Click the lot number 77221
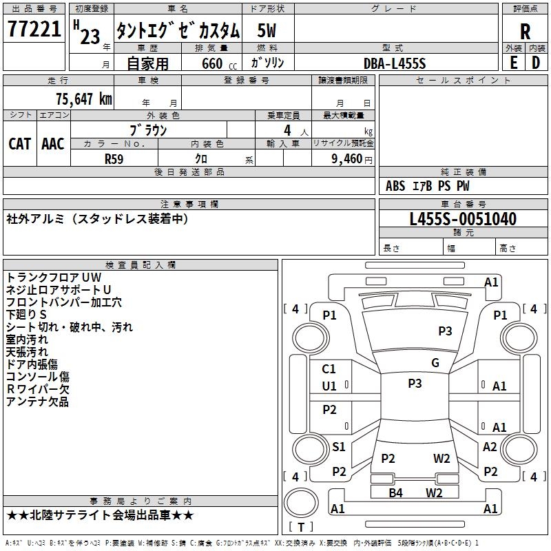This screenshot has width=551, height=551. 34,28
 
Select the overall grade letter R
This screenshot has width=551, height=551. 525,32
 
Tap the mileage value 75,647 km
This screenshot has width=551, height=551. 84,99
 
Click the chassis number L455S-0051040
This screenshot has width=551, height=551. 463,219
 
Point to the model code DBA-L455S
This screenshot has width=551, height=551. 395,63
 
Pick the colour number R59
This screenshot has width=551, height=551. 114,159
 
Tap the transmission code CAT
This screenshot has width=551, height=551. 20,144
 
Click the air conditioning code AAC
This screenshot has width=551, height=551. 53,144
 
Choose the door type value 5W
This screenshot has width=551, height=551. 267,30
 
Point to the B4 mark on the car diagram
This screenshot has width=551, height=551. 395,492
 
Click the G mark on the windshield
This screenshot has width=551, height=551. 435,362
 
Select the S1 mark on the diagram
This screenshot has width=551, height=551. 339,446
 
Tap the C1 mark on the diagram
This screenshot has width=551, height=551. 329,369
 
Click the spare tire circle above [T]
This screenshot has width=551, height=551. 301,503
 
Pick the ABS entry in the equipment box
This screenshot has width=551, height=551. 395,186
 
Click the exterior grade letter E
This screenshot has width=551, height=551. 514,63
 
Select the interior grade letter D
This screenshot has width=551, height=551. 536,63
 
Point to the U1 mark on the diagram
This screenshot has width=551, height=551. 329,386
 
